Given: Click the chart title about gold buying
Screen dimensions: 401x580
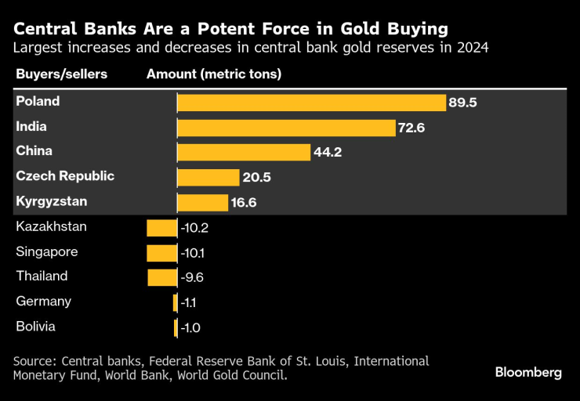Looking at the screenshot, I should tap(230, 29).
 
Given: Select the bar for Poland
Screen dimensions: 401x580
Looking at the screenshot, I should tap(311, 103).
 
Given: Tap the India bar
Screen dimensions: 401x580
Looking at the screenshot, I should tap(285, 128).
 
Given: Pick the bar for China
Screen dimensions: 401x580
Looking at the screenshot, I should tap(243, 152).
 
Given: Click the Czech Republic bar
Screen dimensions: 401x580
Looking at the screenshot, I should tap(206, 178).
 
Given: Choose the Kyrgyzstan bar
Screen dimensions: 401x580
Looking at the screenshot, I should tap(202, 203).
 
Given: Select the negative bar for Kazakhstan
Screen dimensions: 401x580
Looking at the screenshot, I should tap(162, 228).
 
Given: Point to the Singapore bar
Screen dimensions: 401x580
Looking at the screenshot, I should tap(162, 253).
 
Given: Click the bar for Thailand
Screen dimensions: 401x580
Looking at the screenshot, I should tap(162, 277).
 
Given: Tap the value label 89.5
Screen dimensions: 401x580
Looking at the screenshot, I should tap(462, 103).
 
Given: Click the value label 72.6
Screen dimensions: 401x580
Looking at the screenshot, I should tap(411, 128).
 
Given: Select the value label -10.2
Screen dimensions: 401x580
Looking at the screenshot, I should tap(194, 228).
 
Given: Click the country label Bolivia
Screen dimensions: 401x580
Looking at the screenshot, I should tap(35, 327).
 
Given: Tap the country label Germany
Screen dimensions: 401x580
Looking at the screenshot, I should tap(43, 302).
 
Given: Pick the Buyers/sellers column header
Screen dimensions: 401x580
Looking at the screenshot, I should tap(61, 74).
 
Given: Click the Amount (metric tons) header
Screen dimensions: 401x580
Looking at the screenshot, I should tap(214, 74).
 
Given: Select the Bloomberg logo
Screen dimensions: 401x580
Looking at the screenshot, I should tap(528, 373).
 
